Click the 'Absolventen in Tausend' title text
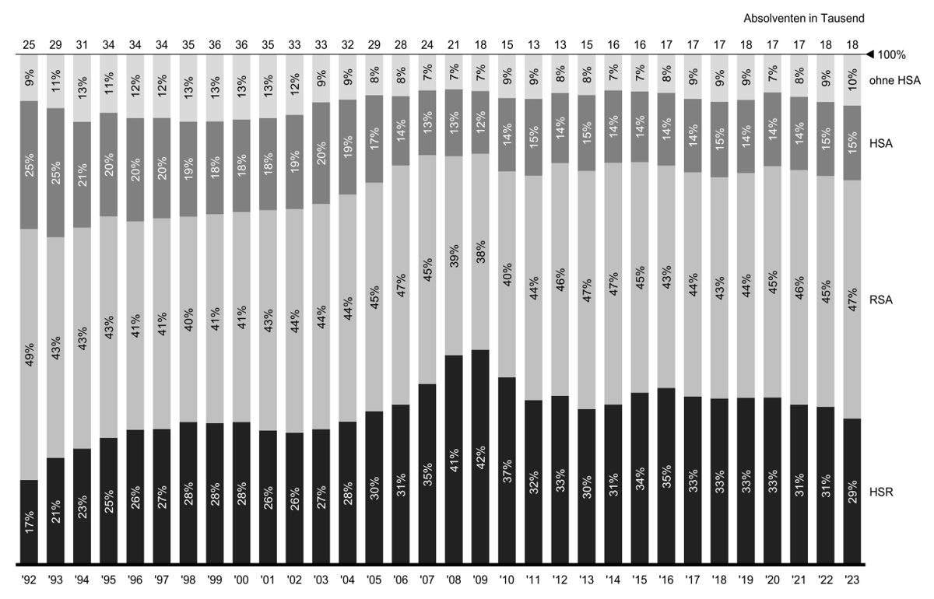click(x=805, y=18)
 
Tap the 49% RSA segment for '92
click(x=29, y=354)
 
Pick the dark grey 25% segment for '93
click(x=55, y=173)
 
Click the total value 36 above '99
click(x=215, y=45)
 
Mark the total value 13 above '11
click(x=533, y=45)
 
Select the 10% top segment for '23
click(x=851, y=80)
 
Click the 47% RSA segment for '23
click(x=851, y=299)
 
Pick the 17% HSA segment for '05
click(x=374, y=139)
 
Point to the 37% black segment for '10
click(x=507, y=471)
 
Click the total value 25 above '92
click(x=29, y=45)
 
